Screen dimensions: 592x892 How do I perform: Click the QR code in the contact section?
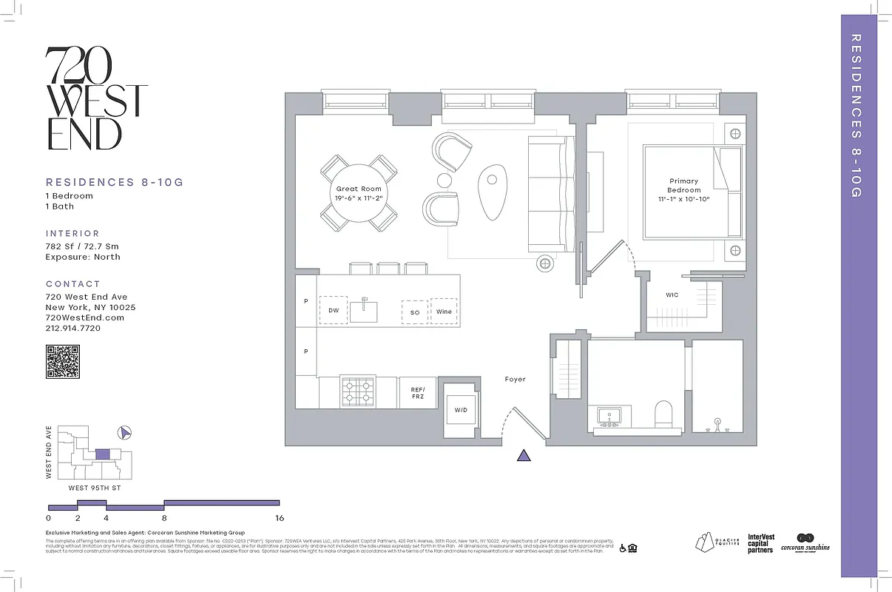pos(62,363)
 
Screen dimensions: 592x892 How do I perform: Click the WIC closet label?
pos(672,295)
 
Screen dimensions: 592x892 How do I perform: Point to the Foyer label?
pos(515,379)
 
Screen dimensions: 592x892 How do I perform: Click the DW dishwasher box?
pos(334,311)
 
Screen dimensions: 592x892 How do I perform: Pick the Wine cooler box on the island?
pos(444,312)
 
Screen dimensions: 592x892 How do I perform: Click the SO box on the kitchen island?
pos(415,312)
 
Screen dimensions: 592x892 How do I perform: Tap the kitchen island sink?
pos(364,310)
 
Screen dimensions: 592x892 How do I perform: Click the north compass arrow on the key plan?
pos(124,433)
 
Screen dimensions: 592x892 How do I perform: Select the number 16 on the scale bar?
pos(279,518)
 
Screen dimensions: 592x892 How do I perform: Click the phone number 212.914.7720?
pos(73,328)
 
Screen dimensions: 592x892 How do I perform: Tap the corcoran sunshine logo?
pos(805,542)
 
